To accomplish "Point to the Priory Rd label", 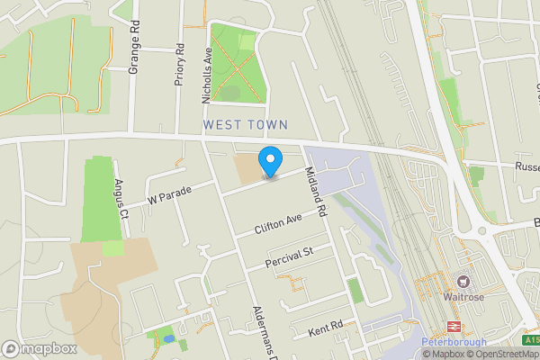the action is (x=179, y=64).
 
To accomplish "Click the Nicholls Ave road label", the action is (x=207, y=67).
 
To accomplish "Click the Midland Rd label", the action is (x=314, y=192).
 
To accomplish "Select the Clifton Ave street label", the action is (x=278, y=224).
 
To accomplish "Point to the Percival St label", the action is (x=288, y=258).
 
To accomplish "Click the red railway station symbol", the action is (x=454, y=328).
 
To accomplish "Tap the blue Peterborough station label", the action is (x=454, y=343).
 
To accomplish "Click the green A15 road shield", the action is (x=531, y=339).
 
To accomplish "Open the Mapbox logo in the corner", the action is (x=38, y=349).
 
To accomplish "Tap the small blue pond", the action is (x=166, y=339).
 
